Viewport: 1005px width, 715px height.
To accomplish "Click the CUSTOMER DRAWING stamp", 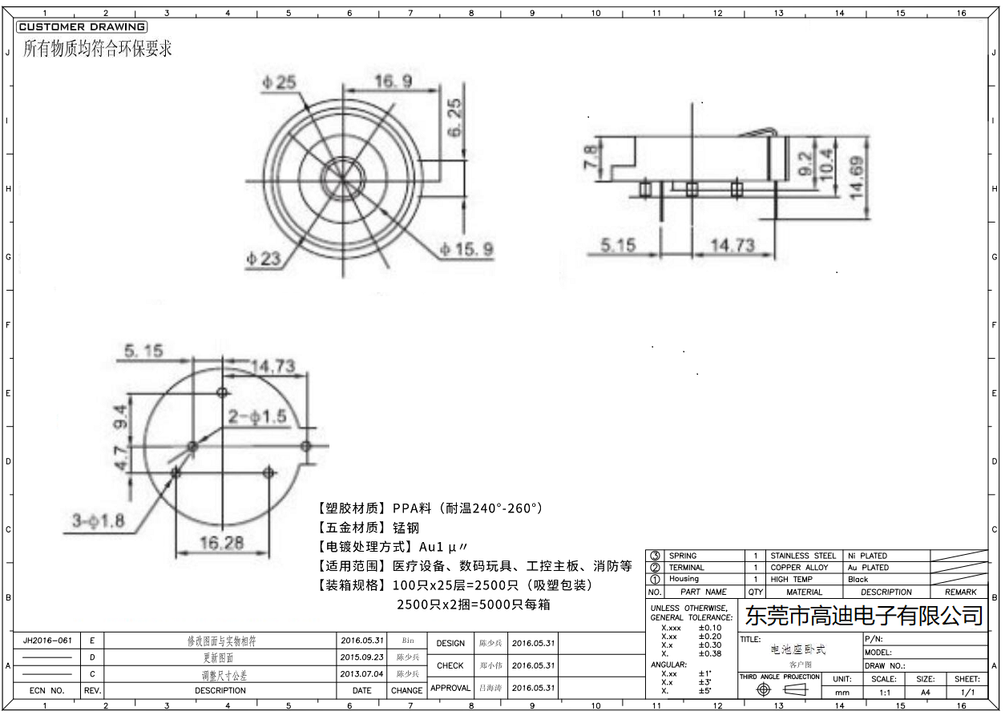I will coord(81,27).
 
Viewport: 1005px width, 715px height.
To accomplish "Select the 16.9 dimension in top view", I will coord(393,81).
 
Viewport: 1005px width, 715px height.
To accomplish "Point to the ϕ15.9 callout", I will coord(466,251).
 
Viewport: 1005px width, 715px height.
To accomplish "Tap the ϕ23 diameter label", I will coord(263,258).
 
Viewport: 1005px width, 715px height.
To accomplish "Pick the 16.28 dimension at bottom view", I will coord(222,543).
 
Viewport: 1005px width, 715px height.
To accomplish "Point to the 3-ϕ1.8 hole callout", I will coord(98,520).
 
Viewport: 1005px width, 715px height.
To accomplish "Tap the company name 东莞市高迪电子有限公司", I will coord(864,616).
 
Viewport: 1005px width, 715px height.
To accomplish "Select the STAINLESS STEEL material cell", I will coord(803,556).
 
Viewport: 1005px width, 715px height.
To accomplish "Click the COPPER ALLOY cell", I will coord(799,568).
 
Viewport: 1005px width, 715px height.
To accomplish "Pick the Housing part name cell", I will coord(684,579).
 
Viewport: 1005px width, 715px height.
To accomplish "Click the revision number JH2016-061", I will coord(47,641).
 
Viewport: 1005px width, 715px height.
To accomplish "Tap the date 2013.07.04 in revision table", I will coord(361,674).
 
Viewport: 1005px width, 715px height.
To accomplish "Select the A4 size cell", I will coord(925,692).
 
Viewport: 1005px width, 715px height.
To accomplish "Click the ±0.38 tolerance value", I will coord(710,653).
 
